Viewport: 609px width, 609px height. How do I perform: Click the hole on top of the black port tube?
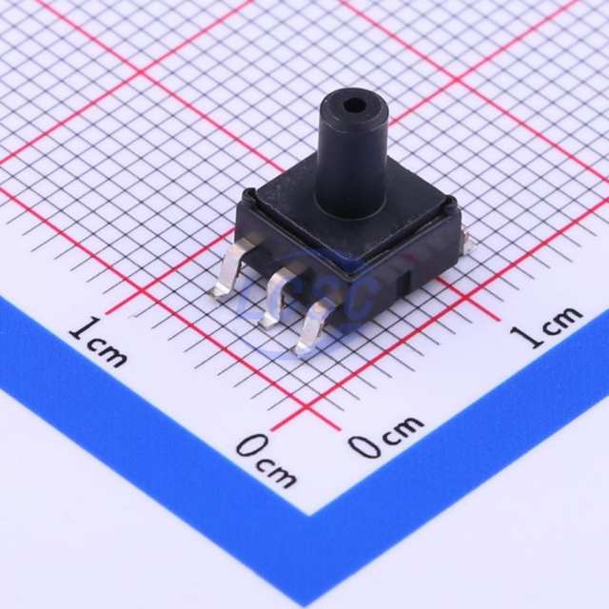pos(356,105)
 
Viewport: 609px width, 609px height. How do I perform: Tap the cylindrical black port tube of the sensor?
pos(352,155)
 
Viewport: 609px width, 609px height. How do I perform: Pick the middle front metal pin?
pos(277,295)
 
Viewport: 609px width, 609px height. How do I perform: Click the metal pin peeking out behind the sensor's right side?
pos(469,240)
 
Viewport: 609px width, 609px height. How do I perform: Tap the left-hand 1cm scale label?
pos(98,343)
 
